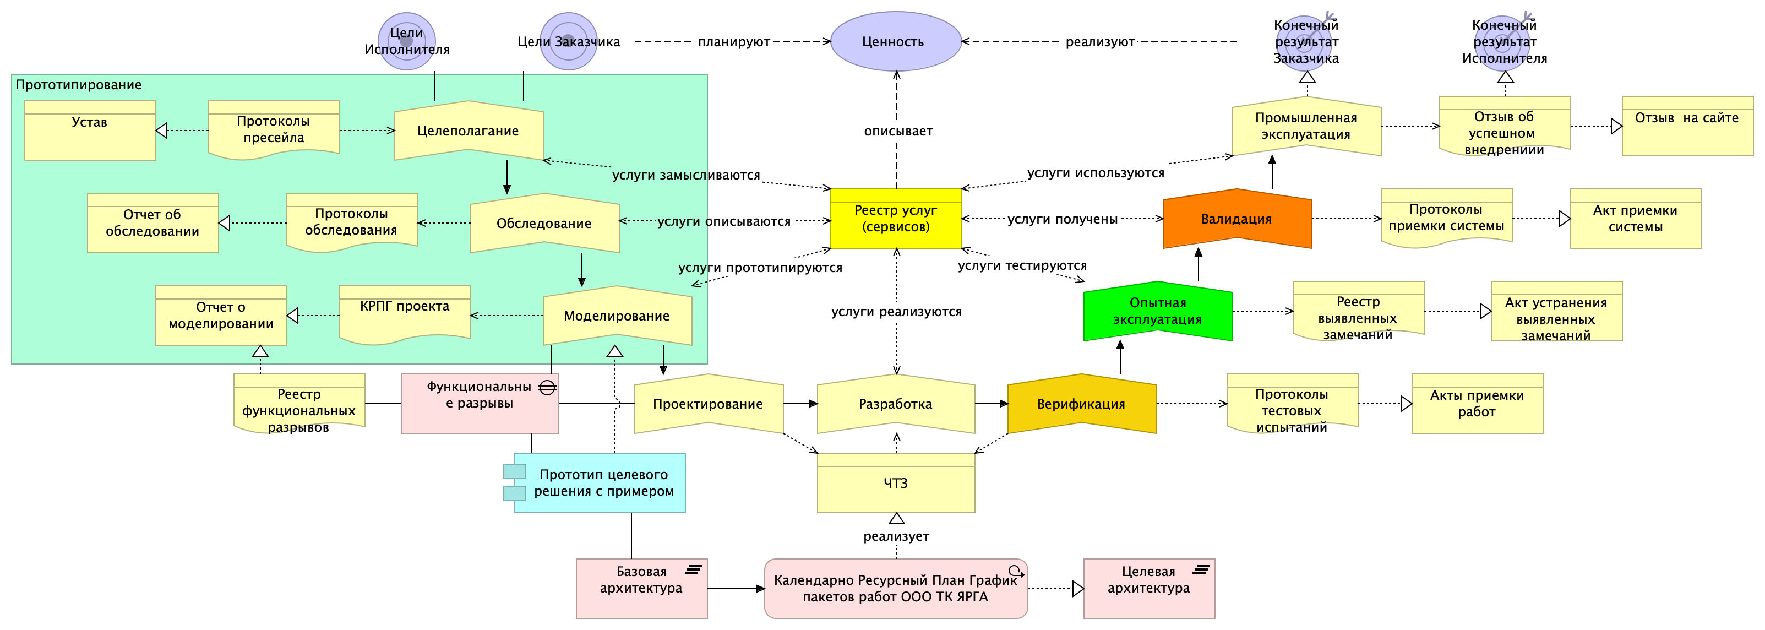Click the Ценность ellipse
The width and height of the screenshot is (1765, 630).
pos(896,41)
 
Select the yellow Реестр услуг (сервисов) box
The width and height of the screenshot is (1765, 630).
pos(896,219)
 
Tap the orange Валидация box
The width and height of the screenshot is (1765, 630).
pos(1236,219)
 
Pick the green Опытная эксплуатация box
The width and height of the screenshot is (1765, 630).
pos(1157,311)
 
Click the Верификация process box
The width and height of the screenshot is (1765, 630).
pos(1081,404)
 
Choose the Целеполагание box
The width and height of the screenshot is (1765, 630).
pos(468,131)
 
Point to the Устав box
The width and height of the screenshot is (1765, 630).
pos(90,131)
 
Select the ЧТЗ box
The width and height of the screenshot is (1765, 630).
pos(896,482)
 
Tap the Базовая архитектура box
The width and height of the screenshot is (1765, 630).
pos(641,588)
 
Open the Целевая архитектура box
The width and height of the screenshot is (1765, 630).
pos(1149,588)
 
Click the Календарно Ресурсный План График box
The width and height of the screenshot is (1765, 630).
pos(896,588)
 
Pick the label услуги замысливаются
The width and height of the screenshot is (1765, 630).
pos(686,176)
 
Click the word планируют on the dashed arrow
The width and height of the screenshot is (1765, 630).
pos(734,42)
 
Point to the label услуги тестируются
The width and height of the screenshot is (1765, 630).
pos(1022,265)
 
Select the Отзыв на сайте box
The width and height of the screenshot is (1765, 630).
pos(1687,126)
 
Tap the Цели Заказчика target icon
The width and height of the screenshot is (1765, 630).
pos(568,41)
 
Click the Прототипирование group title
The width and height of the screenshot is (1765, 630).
pos(79,85)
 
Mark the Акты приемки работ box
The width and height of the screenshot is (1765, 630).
pos(1477,404)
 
